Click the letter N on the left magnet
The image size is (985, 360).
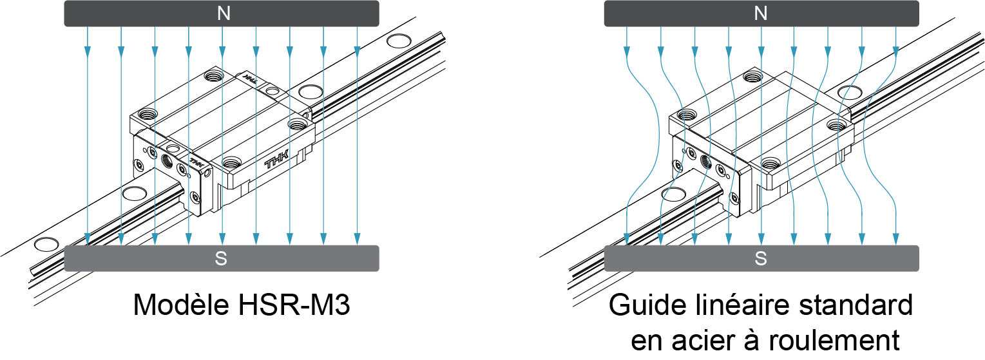click(224, 14)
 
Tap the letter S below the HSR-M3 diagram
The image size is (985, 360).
click(221, 259)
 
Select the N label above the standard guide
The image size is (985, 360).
click(761, 14)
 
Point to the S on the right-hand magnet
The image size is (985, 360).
click(761, 259)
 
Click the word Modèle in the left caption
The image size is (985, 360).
click(178, 305)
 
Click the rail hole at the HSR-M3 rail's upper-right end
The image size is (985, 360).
click(398, 43)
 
